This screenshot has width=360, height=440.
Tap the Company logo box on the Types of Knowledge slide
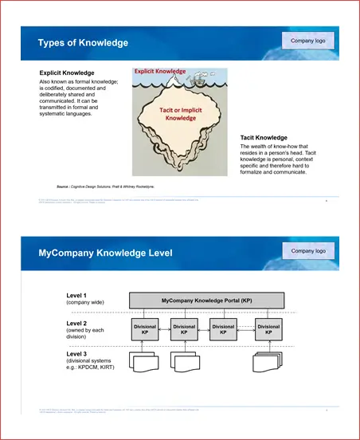[x=308, y=41]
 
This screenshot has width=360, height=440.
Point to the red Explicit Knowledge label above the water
[x=159, y=72]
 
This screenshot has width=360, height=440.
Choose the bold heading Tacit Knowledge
[x=264, y=137]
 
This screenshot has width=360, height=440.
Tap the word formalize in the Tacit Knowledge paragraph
[x=256, y=172]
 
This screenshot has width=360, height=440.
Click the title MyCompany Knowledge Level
[x=105, y=253]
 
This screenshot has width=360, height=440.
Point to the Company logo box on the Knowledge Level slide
[x=308, y=251]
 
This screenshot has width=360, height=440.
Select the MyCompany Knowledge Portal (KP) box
[x=206, y=300]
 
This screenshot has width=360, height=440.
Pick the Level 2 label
[x=77, y=323]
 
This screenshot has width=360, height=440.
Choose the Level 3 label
[x=77, y=353]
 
